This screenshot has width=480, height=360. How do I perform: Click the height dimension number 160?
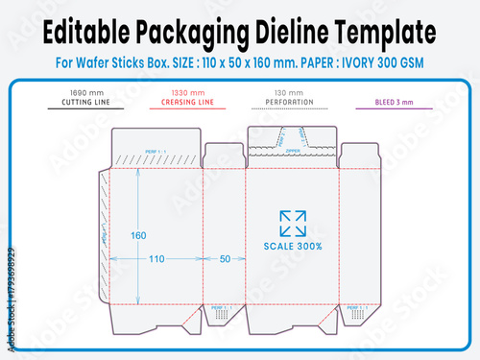pyautogui.click(x=139, y=235)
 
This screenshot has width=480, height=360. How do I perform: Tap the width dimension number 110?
pyautogui.click(x=156, y=258)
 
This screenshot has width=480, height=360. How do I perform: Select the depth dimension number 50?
pyautogui.click(x=226, y=258)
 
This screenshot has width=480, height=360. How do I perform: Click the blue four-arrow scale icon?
pyautogui.click(x=293, y=223)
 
